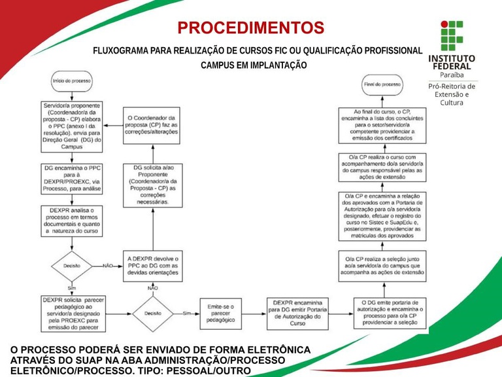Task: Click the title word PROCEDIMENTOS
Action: (251, 28)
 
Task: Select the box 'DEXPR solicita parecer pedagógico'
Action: (71, 314)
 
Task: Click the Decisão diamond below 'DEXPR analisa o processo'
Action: (71, 266)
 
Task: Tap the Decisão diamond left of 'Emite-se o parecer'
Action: (153, 314)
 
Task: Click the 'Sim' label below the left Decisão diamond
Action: (71, 287)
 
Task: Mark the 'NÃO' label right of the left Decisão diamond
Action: (109, 266)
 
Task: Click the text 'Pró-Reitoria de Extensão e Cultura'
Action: (452, 94)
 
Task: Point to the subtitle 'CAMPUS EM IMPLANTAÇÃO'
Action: (254, 65)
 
